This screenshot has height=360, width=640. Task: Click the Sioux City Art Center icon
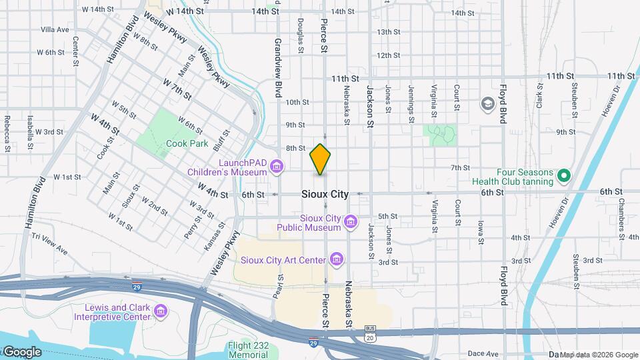point(336,259)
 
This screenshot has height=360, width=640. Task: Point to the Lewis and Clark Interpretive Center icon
point(160,311)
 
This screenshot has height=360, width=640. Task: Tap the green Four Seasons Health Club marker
point(564,176)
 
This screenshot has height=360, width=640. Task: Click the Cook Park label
point(187,143)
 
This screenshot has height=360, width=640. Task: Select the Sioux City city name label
point(325,195)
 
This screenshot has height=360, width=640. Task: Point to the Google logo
point(21,351)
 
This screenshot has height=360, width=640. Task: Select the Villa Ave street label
point(55,30)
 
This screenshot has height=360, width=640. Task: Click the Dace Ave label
point(483,353)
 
